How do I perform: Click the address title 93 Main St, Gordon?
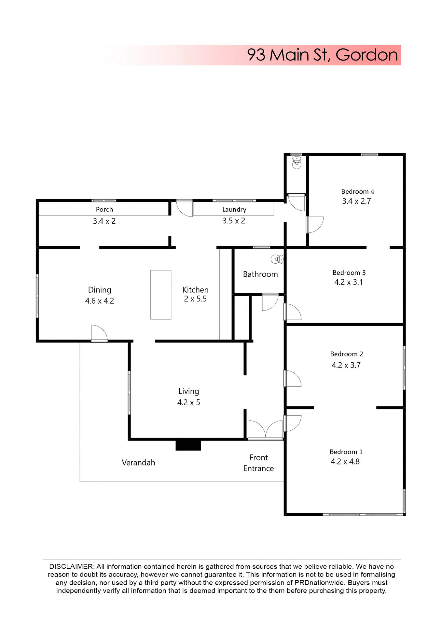tap(322, 55)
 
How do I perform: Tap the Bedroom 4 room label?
tap(357, 191)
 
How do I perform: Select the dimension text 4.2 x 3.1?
tap(348, 282)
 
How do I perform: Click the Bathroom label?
tap(260, 274)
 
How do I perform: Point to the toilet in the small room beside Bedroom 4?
tap(297, 162)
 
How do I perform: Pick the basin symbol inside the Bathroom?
tap(277, 259)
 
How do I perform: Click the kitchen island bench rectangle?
tap(161, 295)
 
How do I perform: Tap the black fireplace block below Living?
tap(188, 445)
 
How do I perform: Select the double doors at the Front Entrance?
tap(266, 430)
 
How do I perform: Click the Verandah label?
tap(138, 463)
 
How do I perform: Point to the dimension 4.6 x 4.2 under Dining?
tap(100, 301)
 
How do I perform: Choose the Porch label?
tap(104, 209)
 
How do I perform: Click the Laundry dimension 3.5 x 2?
tap(234, 221)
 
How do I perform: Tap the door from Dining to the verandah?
tap(99, 334)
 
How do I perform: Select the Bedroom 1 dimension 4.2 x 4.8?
tap(345, 462)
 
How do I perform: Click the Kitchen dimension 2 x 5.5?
tap(195, 299)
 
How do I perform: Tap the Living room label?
tap(188, 391)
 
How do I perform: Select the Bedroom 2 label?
tap(346, 354)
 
